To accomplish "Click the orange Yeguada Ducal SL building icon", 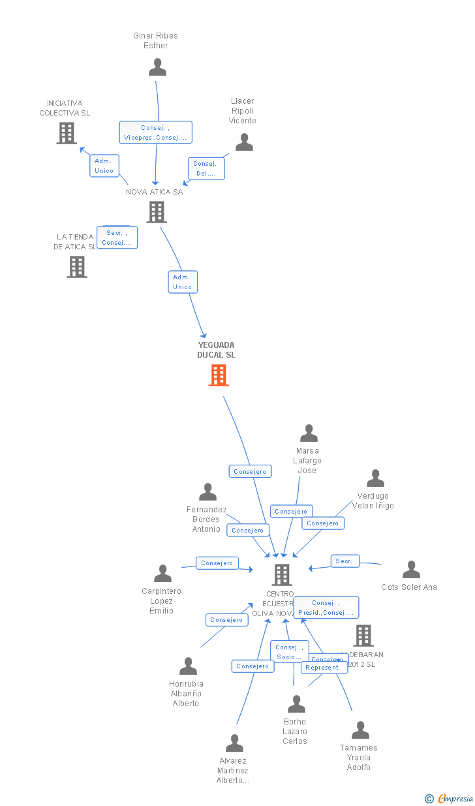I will (219, 375).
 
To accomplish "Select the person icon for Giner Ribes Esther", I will (157, 67).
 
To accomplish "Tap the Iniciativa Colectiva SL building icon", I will (67, 133).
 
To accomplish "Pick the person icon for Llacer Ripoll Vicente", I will (244, 142).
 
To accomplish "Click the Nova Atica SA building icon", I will (156, 212).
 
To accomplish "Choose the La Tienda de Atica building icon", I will (77, 266).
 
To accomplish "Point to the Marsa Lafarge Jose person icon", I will (309, 433).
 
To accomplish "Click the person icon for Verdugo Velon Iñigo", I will (375, 478).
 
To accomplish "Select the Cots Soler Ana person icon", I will (411, 570).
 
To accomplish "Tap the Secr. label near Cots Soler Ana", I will (345, 561).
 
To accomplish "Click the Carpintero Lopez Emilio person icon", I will (162, 574).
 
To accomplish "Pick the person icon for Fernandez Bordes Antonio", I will (207, 492).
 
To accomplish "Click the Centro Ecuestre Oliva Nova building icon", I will (281, 575).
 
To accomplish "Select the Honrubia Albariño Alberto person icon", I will (188, 666).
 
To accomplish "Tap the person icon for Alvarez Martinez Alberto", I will (234, 743).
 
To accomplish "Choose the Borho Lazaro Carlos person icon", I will (296, 704).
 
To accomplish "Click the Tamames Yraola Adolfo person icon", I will (360, 730).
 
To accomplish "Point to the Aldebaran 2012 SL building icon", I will (363, 635).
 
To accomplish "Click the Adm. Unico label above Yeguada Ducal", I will (183, 282).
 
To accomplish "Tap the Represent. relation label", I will (324, 668).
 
